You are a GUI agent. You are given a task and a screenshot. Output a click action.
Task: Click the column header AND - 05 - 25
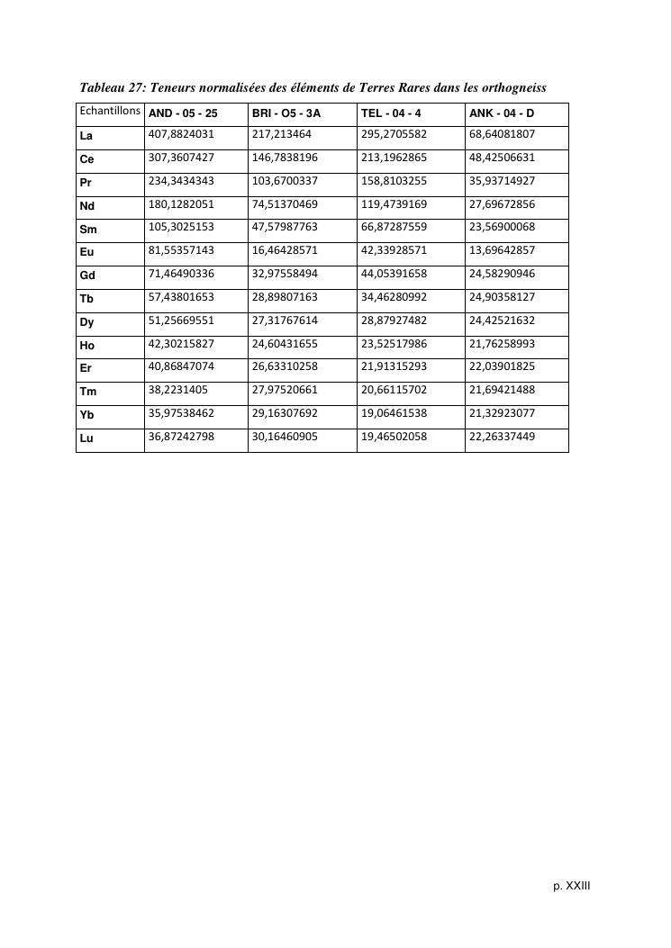tap(183, 114)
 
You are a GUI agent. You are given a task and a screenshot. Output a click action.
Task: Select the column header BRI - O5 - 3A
tap(286, 114)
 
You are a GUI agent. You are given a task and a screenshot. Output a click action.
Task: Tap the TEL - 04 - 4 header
tap(391, 114)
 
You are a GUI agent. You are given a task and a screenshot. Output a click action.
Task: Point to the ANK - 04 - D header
tap(502, 114)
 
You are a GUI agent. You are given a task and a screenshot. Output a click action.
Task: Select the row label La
tap(86, 136)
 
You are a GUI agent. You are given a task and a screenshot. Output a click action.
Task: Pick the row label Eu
tap(86, 253)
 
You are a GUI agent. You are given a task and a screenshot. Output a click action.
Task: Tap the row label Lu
tap(86, 439)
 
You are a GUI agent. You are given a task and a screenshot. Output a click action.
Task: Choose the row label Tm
tap(88, 393)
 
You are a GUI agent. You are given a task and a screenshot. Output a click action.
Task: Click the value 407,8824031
tap(181, 134)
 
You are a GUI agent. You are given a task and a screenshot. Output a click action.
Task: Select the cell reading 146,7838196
tap(285, 158)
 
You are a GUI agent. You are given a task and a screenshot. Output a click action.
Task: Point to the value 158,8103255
tap(394, 181)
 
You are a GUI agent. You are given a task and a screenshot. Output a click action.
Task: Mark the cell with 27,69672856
tap(502, 204)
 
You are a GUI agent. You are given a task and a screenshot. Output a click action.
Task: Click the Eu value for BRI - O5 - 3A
tap(285, 250)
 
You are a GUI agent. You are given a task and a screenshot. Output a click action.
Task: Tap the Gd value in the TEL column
tap(394, 274)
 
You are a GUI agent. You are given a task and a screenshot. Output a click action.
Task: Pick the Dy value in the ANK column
tap(502, 321)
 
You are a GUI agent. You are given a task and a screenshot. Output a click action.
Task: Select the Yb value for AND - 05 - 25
tap(181, 414)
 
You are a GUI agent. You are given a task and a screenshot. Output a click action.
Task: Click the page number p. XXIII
tap(572, 887)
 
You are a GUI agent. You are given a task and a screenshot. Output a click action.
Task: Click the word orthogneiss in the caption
tap(512, 88)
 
